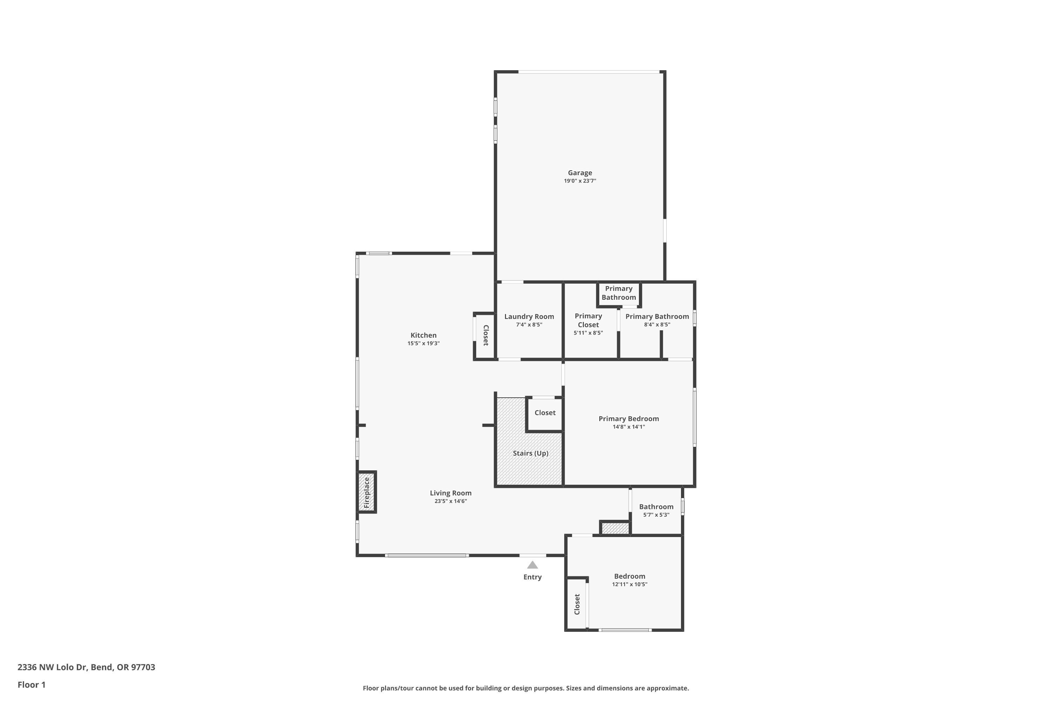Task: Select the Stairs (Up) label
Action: (x=531, y=453)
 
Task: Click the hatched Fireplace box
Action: (x=367, y=492)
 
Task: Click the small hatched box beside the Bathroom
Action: (x=615, y=529)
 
